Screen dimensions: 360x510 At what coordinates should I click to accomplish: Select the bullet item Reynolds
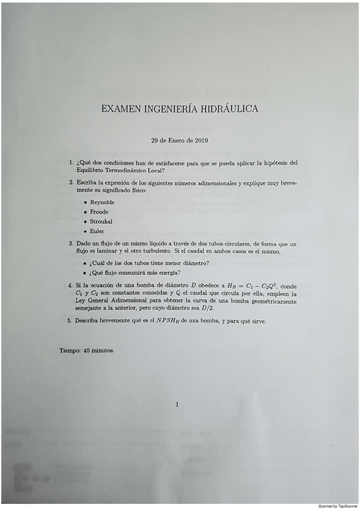102,202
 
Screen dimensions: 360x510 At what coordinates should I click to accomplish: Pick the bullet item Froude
100,212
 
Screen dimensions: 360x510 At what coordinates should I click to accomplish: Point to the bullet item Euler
97,231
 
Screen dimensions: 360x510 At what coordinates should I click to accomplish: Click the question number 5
70,321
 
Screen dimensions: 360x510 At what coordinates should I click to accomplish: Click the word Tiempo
70,349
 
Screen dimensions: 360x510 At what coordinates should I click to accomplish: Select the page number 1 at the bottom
177,404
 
